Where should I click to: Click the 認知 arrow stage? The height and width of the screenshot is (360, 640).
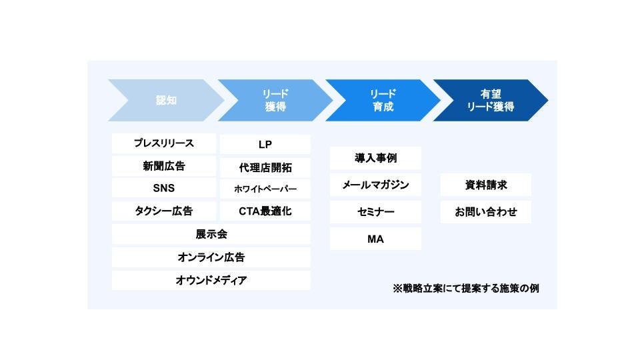[167, 101]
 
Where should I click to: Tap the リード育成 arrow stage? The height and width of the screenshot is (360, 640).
[383, 101]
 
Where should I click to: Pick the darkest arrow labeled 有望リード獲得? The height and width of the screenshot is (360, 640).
[491, 101]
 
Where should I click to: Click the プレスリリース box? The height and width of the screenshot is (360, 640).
[163, 143]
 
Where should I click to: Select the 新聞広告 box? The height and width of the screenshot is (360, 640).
[163, 166]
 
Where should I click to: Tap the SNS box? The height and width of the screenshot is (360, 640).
[163, 188]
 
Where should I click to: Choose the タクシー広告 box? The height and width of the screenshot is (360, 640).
[163, 211]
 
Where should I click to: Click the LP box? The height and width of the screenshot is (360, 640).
[265, 145]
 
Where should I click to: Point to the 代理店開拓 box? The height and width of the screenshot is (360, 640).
[265, 167]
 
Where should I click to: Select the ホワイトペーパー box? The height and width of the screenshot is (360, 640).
[265, 189]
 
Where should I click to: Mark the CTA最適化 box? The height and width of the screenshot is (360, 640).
[265, 211]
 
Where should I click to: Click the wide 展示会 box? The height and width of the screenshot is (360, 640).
[211, 235]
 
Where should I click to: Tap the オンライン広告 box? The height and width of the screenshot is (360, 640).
[211, 257]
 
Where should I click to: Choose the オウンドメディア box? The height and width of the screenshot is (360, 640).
[211, 280]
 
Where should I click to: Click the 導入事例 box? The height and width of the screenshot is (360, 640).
[375, 158]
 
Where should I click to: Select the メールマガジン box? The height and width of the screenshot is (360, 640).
[375, 185]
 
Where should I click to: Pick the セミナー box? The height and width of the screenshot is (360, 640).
[375, 212]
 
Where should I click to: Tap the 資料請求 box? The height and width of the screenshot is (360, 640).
[486, 185]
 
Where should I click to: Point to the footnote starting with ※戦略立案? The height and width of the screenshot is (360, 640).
[466, 289]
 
